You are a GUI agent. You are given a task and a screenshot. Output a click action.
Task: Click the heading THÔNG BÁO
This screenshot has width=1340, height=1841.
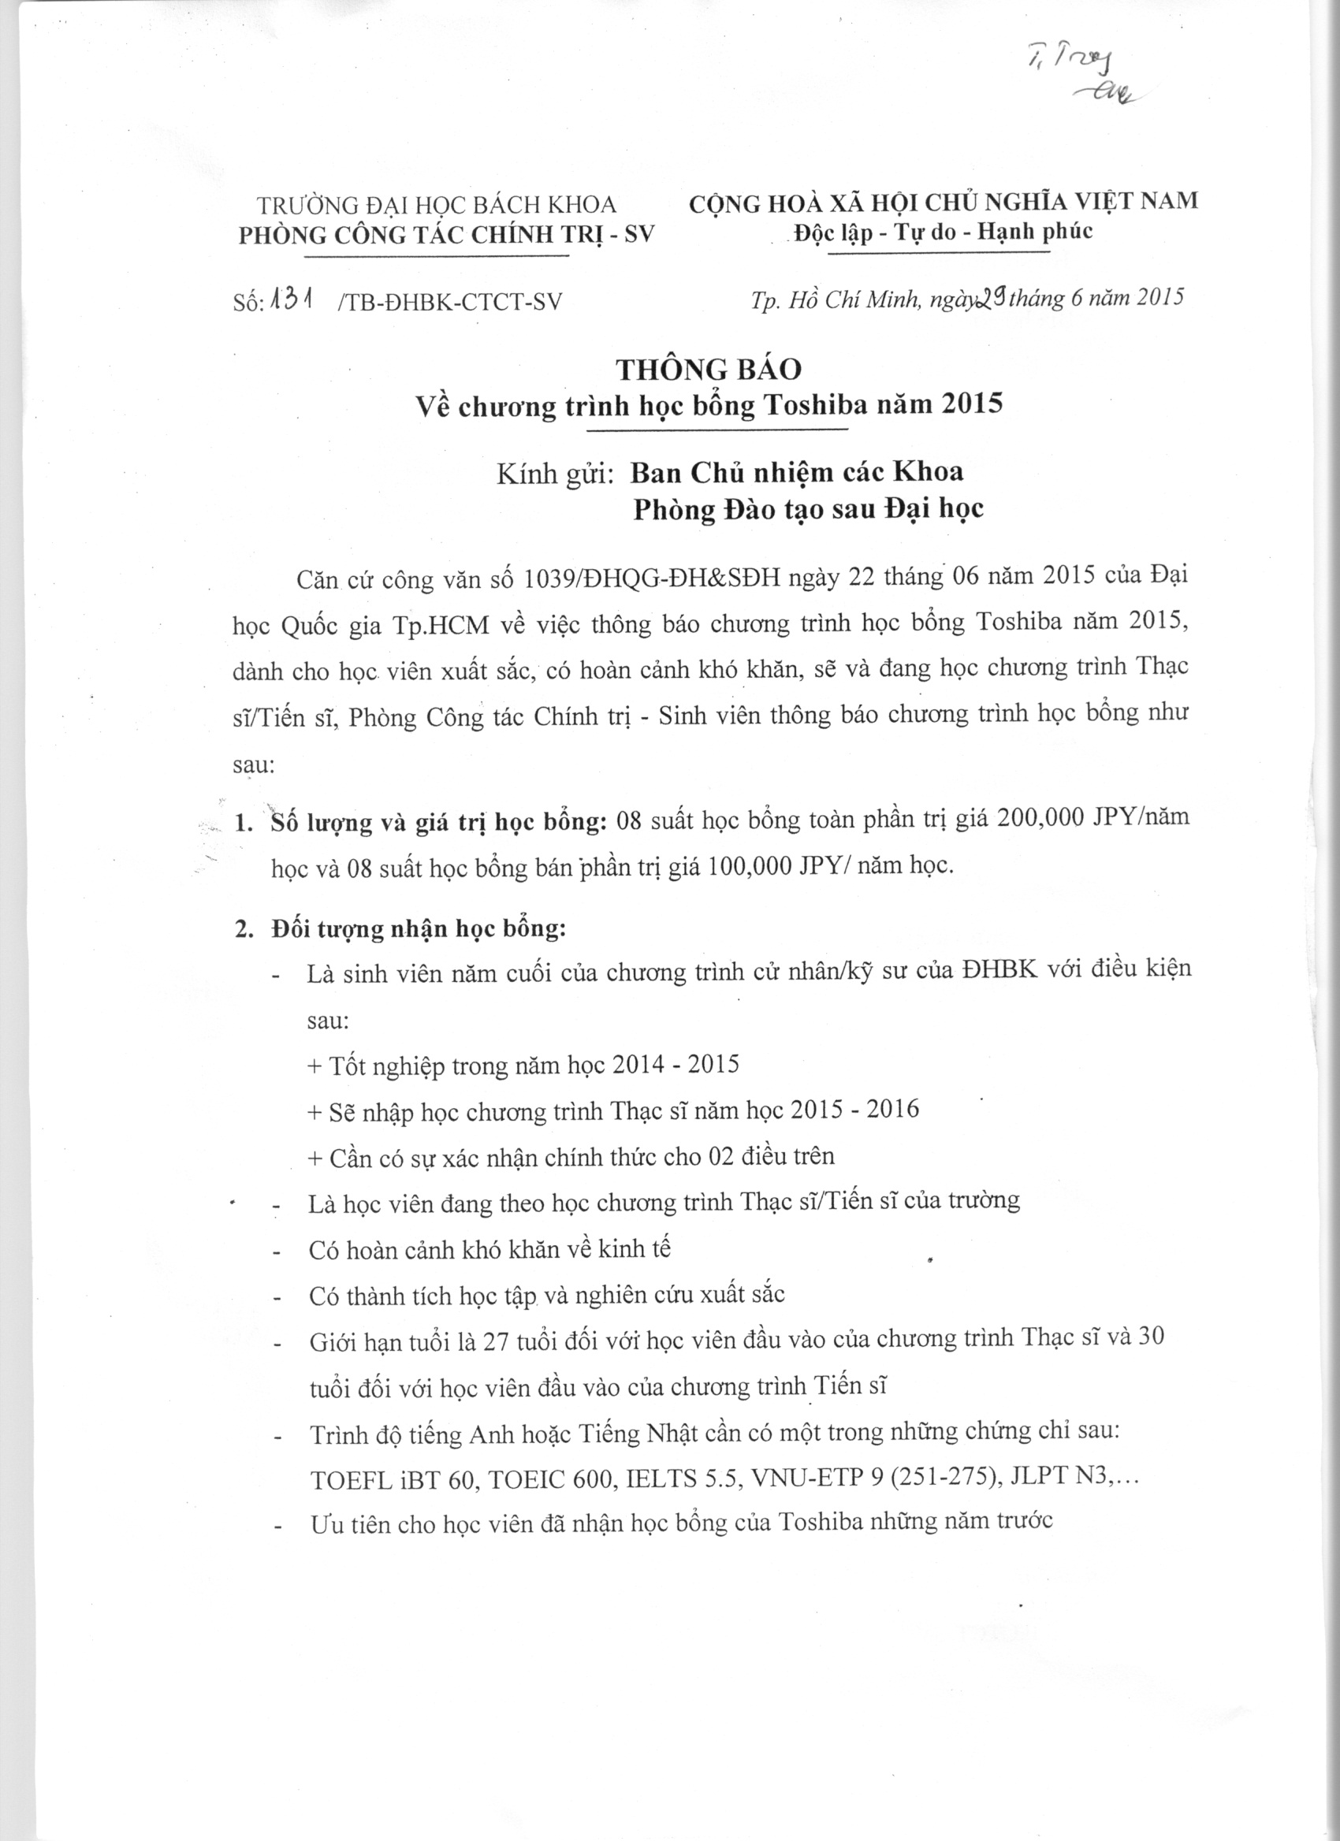pos(709,370)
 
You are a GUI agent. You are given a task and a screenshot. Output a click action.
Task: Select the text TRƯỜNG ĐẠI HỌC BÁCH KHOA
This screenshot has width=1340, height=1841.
pos(437,206)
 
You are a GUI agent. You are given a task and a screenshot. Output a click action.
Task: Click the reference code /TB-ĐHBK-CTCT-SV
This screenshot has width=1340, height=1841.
pos(448,302)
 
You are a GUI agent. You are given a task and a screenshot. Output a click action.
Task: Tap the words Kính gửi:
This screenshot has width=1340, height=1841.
pos(554,473)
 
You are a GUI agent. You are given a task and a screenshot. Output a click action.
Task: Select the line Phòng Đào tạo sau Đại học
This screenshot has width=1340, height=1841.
pos(809,509)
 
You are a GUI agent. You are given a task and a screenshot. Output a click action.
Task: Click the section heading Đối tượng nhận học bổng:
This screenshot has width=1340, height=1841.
pos(419,928)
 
